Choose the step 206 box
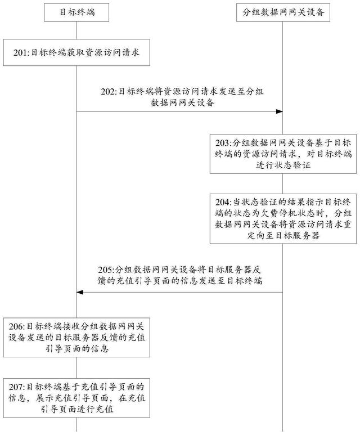[x=76, y=337]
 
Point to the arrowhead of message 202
[x=278, y=111]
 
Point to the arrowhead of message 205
[x=80, y=292]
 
